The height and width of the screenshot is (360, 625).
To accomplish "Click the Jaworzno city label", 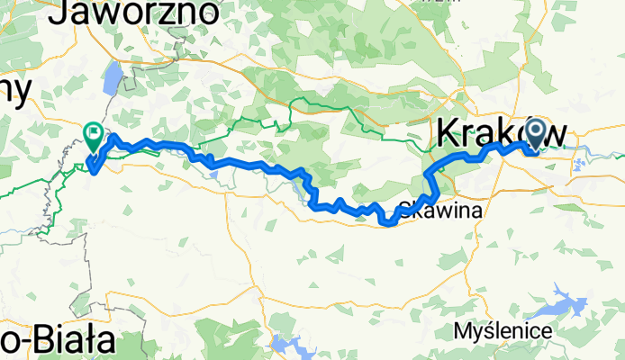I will [x=139, y=12].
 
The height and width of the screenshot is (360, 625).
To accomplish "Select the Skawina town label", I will [x=447, y=210].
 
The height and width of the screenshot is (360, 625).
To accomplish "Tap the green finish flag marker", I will [x=94, y=135].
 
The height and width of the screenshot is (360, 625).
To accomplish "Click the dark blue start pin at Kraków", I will [x=535, y=135].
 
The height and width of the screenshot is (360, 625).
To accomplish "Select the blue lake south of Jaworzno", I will [x=112, y=79].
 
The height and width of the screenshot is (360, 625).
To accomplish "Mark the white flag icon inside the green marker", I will [x=94, y=133].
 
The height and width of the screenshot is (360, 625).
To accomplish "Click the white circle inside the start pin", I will [x=535, y=131].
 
